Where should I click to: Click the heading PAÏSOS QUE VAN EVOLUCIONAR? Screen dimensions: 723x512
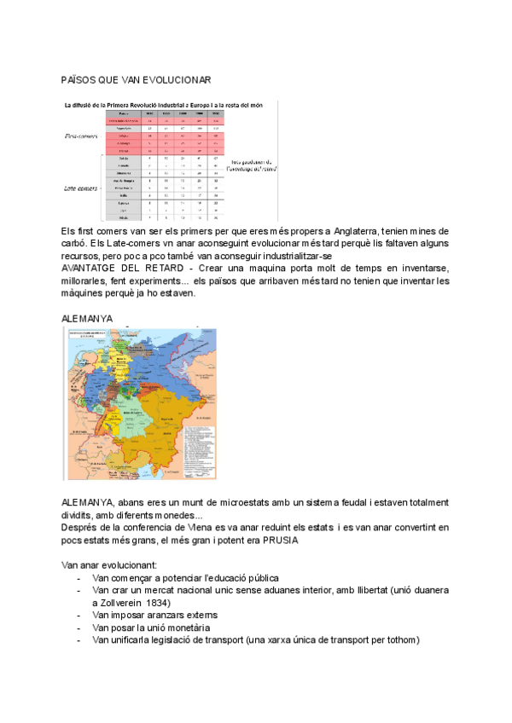(x=137, y=78)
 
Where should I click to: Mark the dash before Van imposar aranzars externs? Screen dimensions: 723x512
(x=79, y=615)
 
